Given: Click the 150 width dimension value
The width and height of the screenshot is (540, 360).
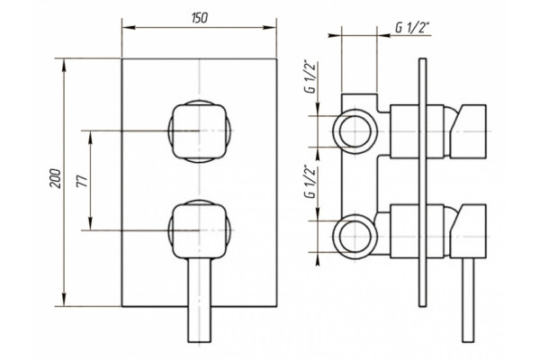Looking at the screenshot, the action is click(x=200, y=18).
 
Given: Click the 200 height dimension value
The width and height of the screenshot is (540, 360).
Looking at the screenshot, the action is click(x=56, y=178).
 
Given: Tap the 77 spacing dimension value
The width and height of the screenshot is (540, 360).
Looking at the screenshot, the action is click(x=82, y=180).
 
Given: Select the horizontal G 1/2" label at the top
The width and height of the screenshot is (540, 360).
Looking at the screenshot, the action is click(x=412, y=28).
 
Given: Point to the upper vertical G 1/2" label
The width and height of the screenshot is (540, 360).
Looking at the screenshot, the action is click(x=310, y=76).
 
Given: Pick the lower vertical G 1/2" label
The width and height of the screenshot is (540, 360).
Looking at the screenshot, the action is click(x=310, y=182).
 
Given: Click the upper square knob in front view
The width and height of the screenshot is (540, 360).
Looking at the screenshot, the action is click(x=200, y=131).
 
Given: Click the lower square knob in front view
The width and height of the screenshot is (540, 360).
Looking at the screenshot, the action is click(x=200, y=230).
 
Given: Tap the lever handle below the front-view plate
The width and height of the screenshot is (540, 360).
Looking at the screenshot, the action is click(x=200, y=301).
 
